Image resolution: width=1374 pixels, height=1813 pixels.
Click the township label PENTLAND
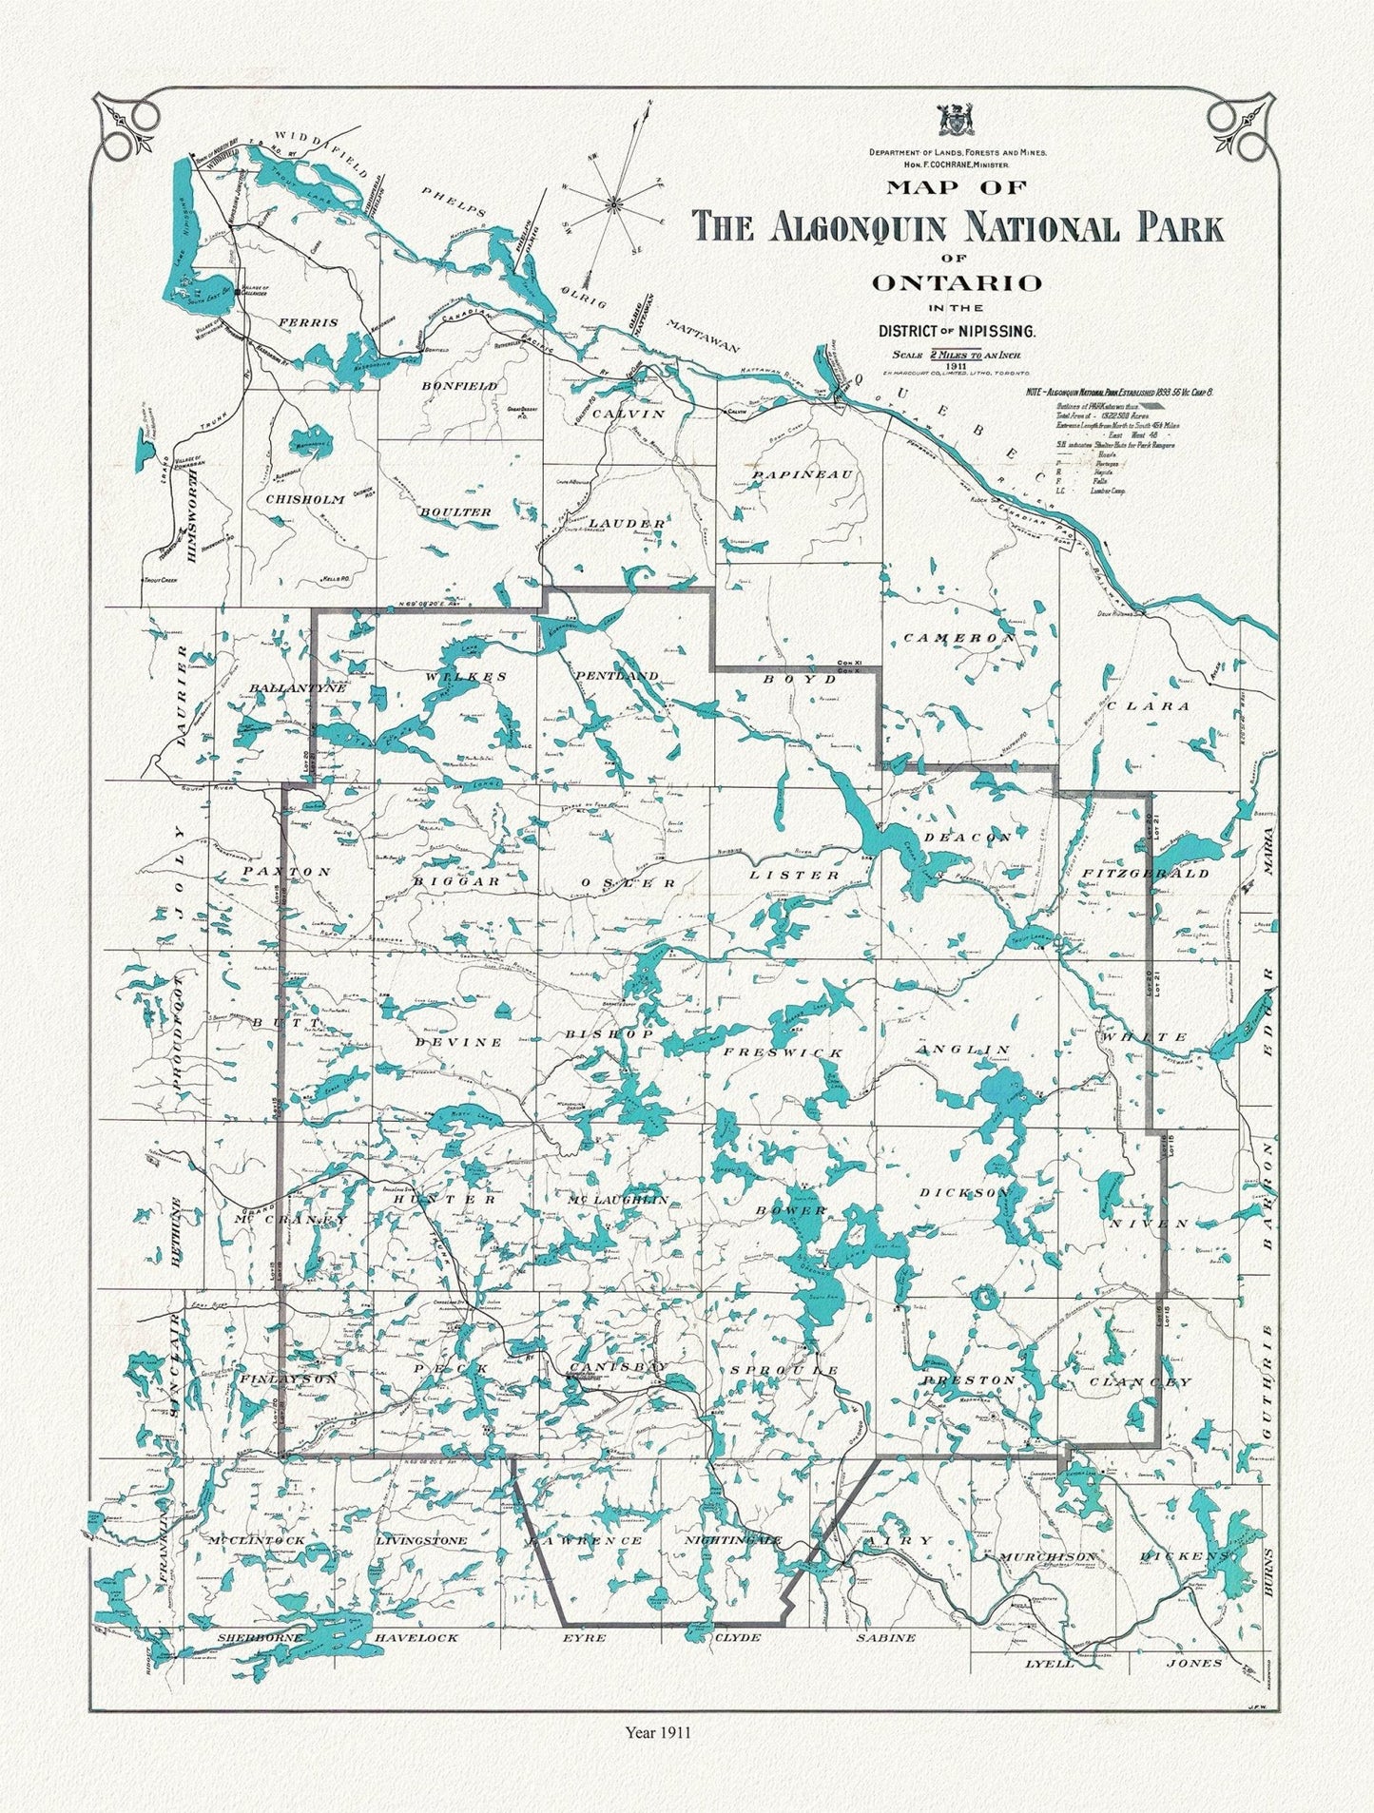pos(616,675)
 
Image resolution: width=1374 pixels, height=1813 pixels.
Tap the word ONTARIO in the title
pos(957,282)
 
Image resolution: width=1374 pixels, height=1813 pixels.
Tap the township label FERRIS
pos(307,323)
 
